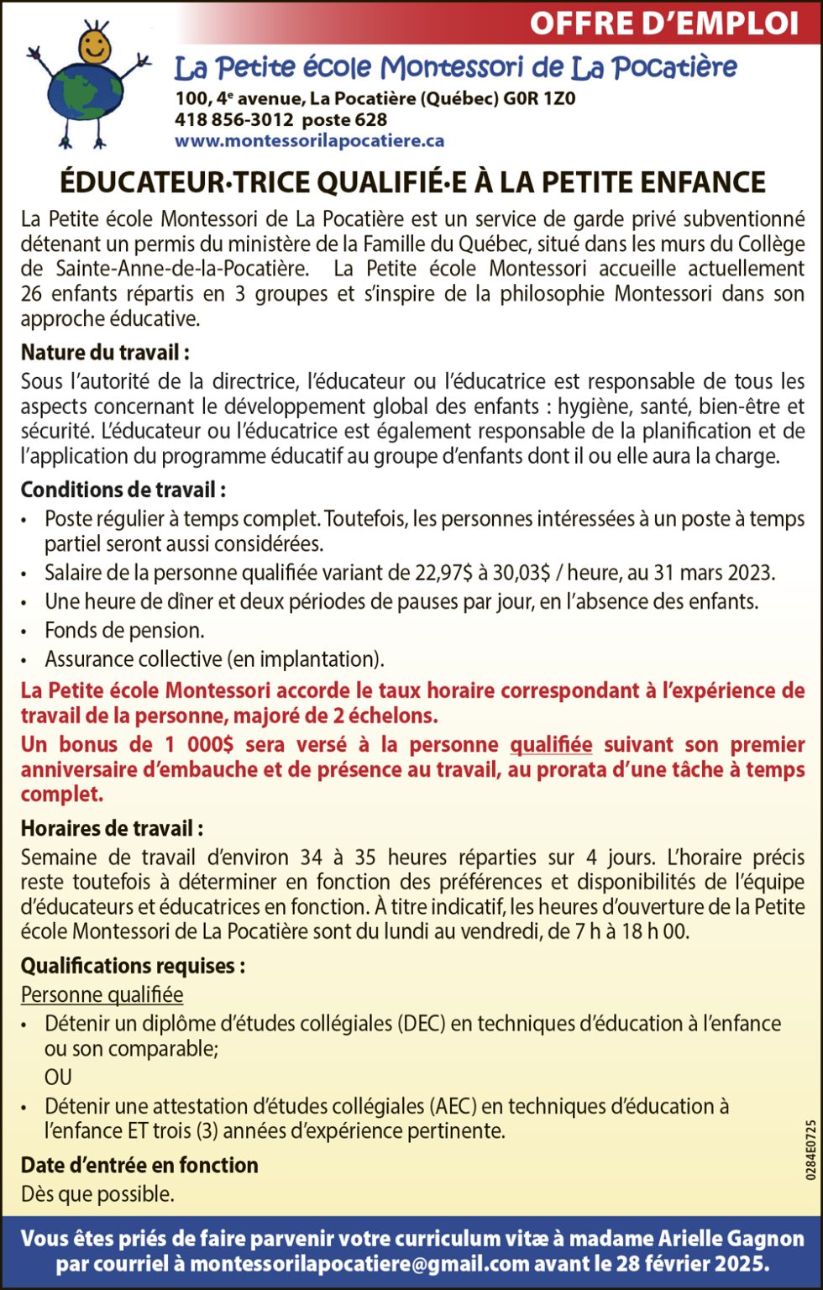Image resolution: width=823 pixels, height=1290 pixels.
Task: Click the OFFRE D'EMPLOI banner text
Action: [663, 24]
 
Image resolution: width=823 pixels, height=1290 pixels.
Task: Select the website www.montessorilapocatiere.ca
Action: [309, 141]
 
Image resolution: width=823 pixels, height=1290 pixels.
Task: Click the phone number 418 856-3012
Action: [234, 120]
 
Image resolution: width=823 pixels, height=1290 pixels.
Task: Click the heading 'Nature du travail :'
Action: [105, 352]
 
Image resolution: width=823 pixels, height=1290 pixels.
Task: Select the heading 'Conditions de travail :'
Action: [123, 490]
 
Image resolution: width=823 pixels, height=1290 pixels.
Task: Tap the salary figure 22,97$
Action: [443, 573]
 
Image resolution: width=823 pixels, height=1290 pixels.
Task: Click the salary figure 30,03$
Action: [522, 573]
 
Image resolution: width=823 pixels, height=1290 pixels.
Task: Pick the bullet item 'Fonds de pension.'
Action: [124, 630]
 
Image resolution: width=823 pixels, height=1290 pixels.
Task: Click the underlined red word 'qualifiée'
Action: [551, 745]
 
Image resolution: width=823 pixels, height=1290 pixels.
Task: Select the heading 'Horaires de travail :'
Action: [112, 829]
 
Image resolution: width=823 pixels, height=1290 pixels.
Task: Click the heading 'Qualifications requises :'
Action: [133, 966]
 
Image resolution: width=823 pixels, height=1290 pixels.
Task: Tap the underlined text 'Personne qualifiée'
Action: [102, 995]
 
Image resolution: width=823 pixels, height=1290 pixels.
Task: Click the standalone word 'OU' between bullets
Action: [58, 1077]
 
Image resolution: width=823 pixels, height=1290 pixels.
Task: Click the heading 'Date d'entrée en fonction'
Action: [139, 1166]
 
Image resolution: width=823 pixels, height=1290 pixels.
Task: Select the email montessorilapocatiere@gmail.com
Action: [360, 1264]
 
